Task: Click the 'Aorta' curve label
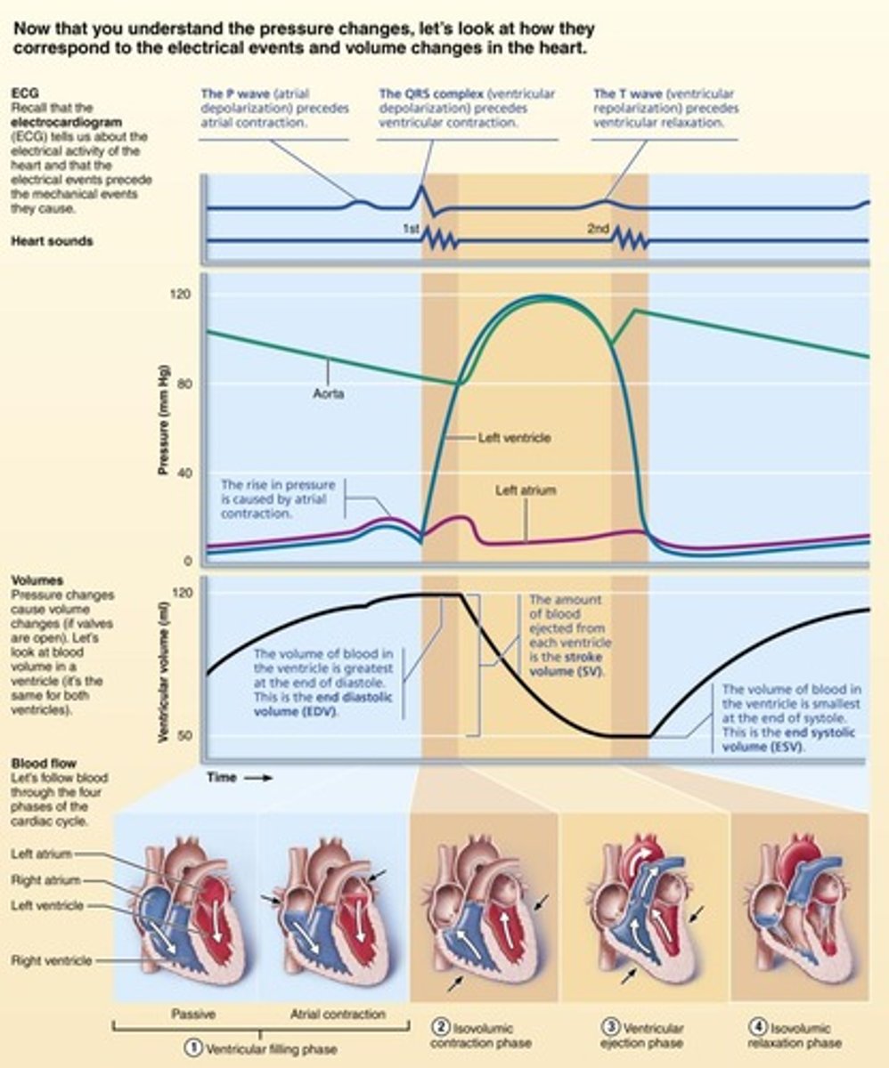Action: pos(328,393)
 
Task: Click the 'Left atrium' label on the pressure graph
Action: pos(526,489)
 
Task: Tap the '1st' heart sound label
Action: pos(411,229)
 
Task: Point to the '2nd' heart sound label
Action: pos(598,229)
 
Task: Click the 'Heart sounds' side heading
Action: pos(52,241)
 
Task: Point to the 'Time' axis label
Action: pos(222,777)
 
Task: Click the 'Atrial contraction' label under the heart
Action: pos(338,1014)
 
